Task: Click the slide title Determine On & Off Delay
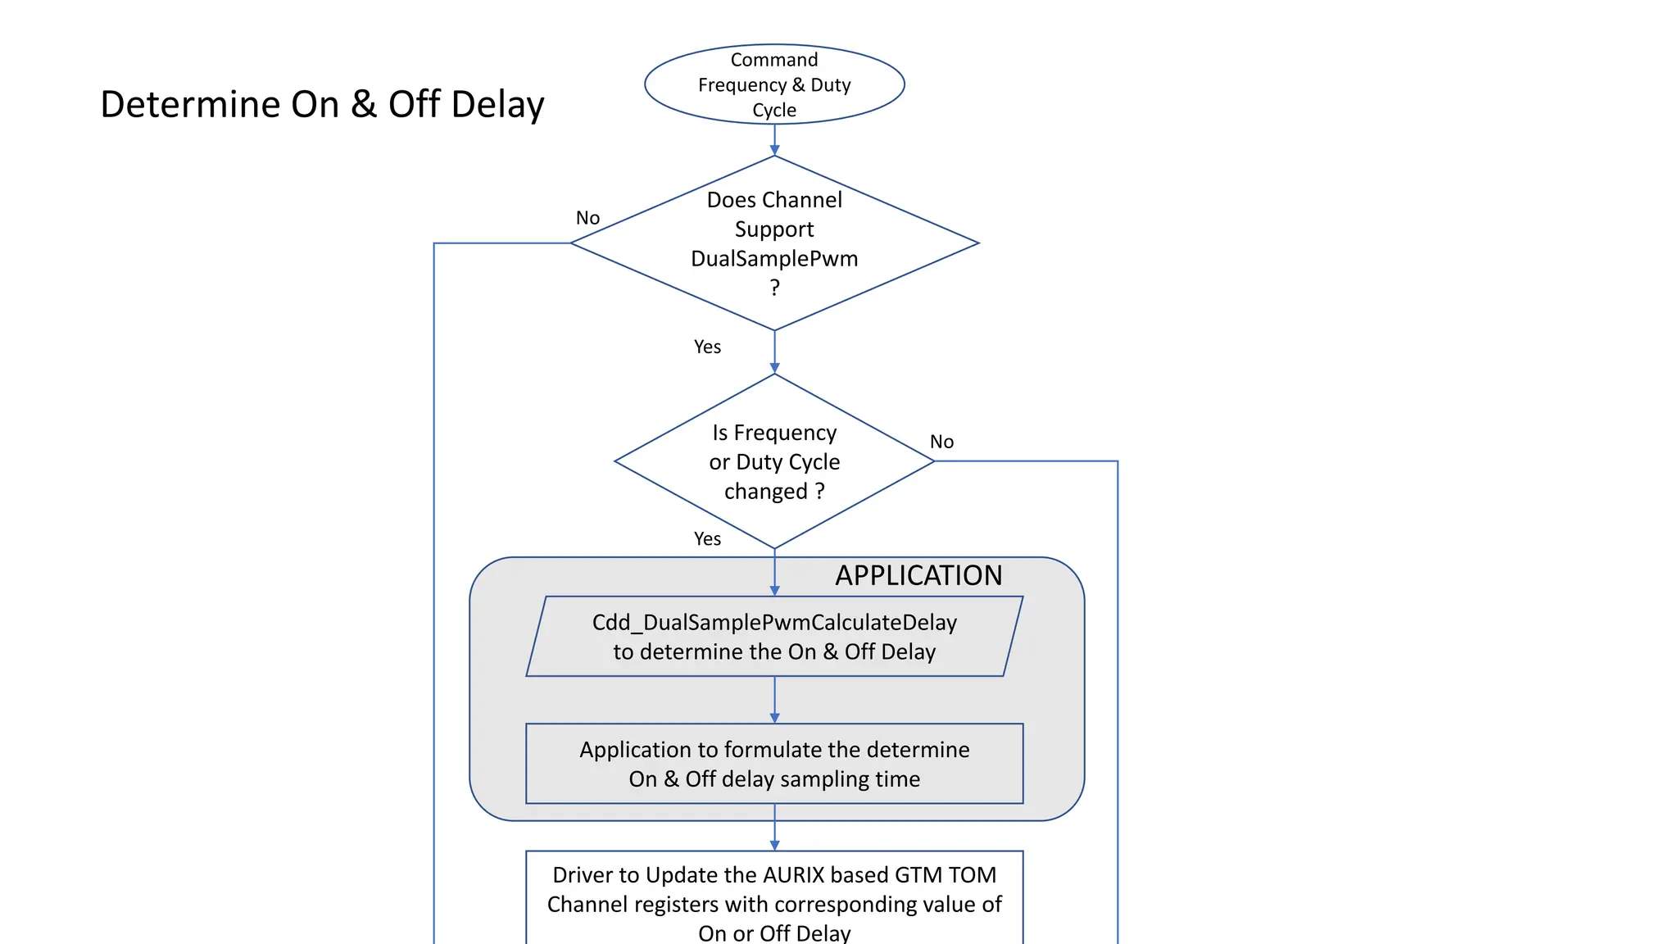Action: (x=322, y=105)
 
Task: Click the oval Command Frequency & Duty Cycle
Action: (x=774, y=84)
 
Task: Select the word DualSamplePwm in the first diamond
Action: (x=774, y=259)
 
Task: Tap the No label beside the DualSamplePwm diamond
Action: (x=587, y=218)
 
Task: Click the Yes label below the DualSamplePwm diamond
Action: (x=707, y=347)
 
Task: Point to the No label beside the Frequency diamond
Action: (x=941, y=442)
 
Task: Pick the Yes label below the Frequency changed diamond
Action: (x=707, y=539)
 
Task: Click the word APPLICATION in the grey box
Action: (x=918, y=575)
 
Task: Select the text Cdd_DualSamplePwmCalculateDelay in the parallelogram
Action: (x=774, y=623)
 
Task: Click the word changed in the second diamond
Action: (x=765, y=492)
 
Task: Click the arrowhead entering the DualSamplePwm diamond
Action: (x=774, y=151)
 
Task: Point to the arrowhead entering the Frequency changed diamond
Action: (x=774, y=369)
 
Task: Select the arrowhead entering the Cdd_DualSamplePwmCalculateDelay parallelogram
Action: (x=774, y=591)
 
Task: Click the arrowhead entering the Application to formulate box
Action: (x=774, y=718)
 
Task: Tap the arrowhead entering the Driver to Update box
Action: (x=774, y=845)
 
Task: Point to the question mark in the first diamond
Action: (x=774, y=288)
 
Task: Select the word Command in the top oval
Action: (x=774, y=60)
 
